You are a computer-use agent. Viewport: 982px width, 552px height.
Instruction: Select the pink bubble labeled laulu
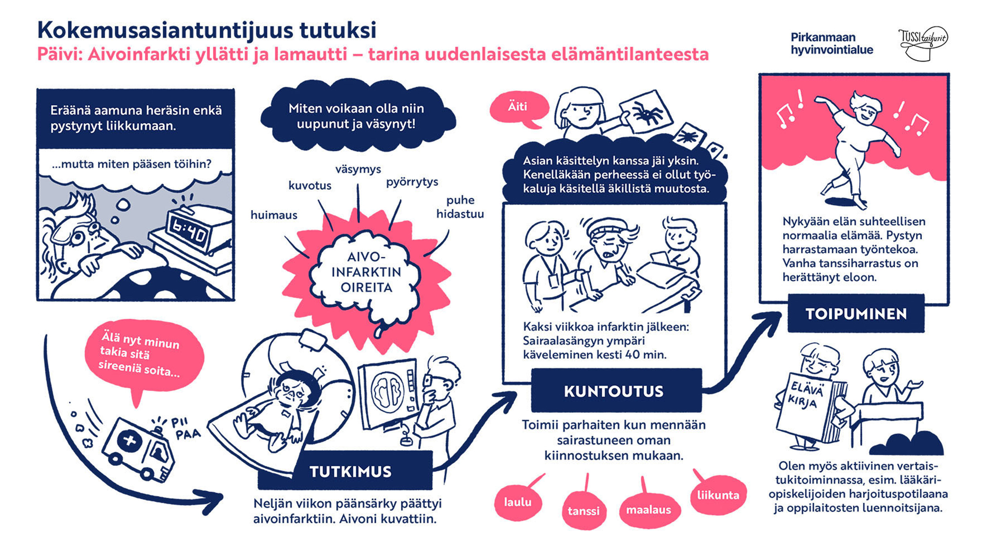coord(518,502)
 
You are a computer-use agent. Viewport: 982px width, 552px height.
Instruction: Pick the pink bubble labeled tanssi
coord(584,511)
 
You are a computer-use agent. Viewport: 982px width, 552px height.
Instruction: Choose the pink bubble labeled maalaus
coord(649,510)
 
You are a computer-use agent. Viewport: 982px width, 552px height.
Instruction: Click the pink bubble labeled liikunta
coord(718,495)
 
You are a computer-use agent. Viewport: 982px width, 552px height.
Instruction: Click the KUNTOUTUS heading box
coord(614,391)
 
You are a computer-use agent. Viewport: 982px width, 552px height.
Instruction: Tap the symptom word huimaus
coord(274,215)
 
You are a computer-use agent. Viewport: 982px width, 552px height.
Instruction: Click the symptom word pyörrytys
coord(412,182)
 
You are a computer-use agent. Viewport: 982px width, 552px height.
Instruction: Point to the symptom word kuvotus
coord(310,185)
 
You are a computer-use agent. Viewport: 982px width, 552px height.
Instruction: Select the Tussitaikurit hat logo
coord(923,43)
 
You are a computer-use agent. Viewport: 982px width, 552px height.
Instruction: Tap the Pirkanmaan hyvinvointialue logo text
coord(832,44)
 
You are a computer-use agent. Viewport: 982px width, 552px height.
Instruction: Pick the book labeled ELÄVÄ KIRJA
coord(808,408)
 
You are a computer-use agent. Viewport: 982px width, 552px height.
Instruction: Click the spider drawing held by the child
coord(646,111)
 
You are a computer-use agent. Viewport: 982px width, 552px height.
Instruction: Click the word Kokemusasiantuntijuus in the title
coord(165,30)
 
